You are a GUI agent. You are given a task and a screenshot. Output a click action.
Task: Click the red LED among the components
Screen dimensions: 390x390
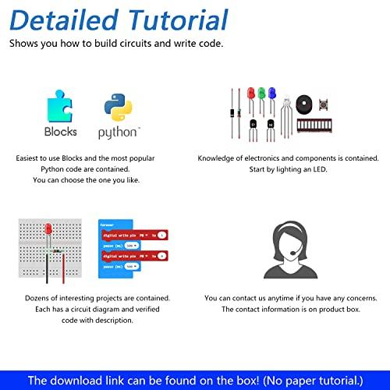[x=250, y=93]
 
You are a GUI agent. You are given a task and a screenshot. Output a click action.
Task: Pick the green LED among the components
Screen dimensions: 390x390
[x=261, y=93]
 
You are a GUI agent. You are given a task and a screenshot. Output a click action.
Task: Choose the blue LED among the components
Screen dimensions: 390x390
[x=272, y=93]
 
